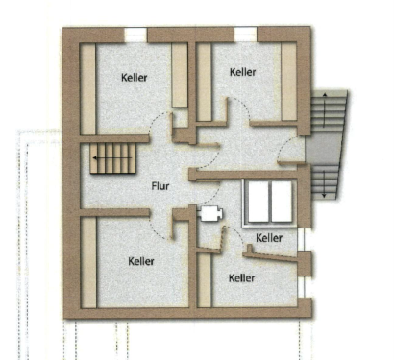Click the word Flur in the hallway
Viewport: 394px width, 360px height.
pyautogui.click(x=160, y=187)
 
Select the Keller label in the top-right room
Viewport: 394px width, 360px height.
pyautogui.click(x=243, y=71)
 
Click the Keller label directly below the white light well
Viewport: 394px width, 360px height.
pyautogui.click(x=269, y=237)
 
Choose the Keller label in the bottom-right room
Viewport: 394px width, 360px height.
pyautogui.click(x=242, y=277)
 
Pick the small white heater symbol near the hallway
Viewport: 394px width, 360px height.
pyautogui.click(x=210, y=213)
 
